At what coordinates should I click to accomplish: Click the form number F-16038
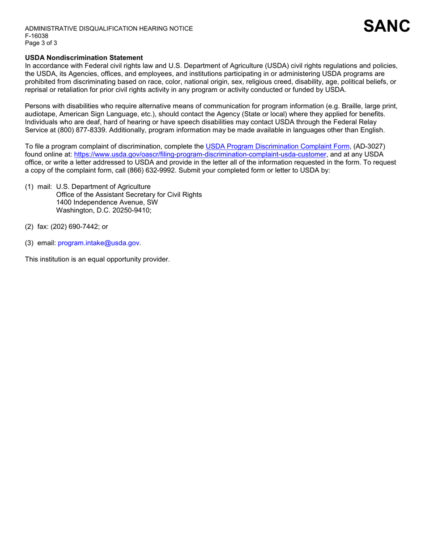point(36,36)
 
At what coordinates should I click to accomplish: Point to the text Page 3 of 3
point(41,43)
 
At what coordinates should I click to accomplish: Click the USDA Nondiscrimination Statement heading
point(84,58)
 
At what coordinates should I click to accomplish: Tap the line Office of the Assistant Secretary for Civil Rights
point(129,195)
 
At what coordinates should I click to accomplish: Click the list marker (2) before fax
point(29,227)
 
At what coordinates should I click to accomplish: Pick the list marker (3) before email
point(29,243)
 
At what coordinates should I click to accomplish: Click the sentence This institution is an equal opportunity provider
point(97,259)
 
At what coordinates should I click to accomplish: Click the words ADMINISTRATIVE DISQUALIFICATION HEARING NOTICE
point(109,29)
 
